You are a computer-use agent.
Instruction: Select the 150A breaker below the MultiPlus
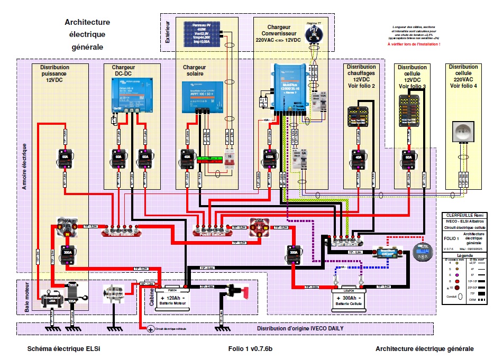pos(269,157)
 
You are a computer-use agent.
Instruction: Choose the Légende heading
pos(463,255)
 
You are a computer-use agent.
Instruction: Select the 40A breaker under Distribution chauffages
pos(360,157)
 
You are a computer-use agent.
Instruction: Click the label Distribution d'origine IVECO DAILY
pos(300,328)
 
